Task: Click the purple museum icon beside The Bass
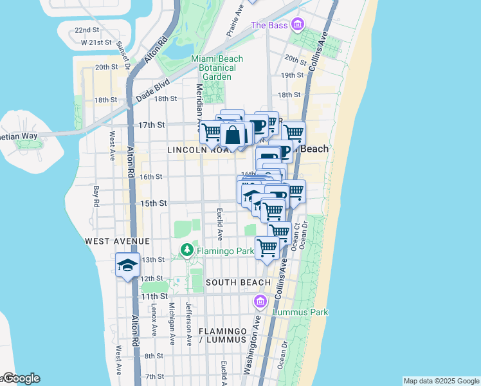coord(297,25)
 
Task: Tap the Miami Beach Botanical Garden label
coord(217,68)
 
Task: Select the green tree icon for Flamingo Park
coord(187,249)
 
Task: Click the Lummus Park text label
coord(300,312)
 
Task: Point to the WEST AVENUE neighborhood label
coord(117,241)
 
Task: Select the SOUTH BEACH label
coord(238,282)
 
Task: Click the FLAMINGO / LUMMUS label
coord(222,335)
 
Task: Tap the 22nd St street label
coord(87,30)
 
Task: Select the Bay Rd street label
coord(96,196)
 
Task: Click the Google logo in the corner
coord(21,378)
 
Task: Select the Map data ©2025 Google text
coord(440,381)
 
